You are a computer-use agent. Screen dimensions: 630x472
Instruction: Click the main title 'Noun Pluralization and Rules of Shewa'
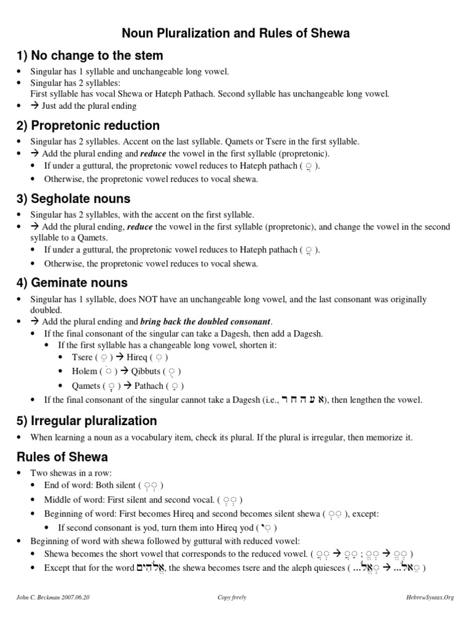point(235,33)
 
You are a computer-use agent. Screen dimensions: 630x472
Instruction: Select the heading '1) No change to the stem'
point(90,56)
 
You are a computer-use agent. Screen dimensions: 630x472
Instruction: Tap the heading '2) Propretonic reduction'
point(88,126)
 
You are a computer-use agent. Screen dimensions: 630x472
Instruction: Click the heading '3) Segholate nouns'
point(73,199)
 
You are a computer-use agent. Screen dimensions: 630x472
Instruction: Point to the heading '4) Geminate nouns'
point(72,283)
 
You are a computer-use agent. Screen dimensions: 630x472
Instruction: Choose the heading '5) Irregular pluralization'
point(87,421)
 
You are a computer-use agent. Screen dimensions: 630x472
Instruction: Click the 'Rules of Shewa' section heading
point(62,457)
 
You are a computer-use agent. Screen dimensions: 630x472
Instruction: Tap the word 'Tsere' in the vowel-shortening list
point(82,357)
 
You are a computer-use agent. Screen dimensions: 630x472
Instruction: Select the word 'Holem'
point(84,371)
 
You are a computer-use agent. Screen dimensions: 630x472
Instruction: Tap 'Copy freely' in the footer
point(232,597)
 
